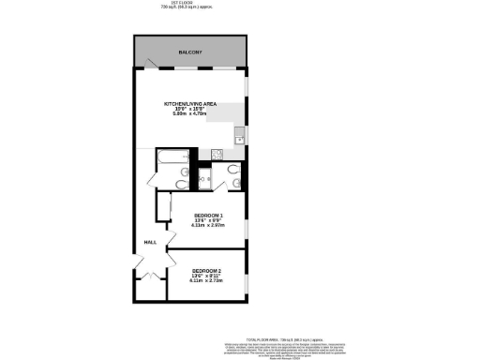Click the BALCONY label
191,52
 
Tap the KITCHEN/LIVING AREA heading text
190,103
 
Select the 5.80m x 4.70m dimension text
190,114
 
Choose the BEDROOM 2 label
205,271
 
